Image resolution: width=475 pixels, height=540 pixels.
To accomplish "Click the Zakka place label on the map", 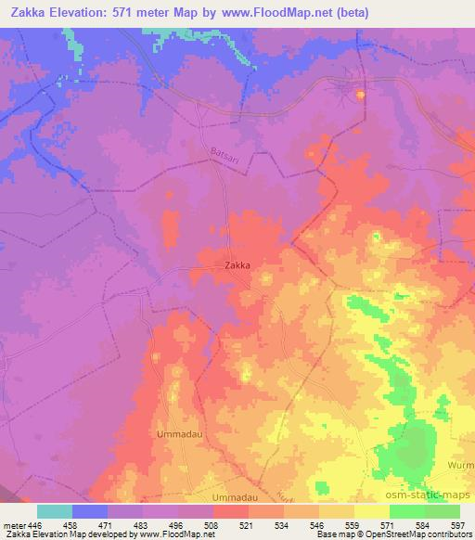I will [x=238, y=264].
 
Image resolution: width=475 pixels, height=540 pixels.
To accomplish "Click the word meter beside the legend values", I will [x=13, y=524].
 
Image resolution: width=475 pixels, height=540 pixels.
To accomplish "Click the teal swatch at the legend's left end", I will [x=55, y=511].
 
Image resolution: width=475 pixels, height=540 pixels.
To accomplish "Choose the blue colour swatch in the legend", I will [x=90, y=511].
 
